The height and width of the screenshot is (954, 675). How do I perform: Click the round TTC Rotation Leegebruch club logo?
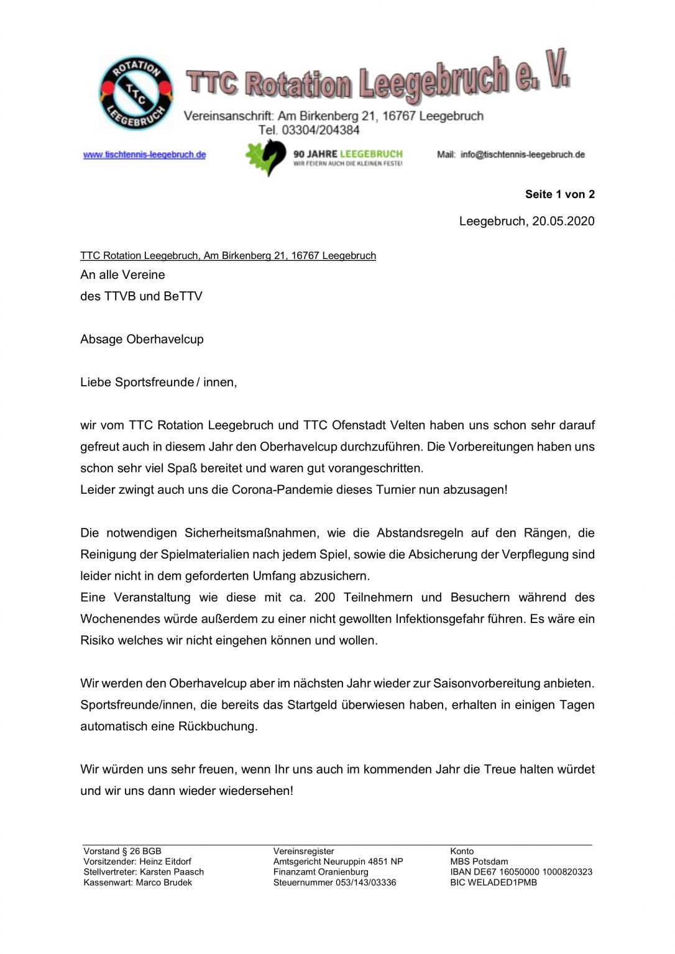[135, 93]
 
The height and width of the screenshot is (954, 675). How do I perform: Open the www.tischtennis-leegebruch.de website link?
[145, 155]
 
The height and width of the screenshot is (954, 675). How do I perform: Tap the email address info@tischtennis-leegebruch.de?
[522, 155]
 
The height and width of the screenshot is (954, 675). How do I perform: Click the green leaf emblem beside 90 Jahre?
[265, 157]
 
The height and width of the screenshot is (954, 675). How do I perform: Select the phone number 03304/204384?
[321, 130]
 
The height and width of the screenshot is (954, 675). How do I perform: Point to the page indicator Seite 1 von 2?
[559, 194]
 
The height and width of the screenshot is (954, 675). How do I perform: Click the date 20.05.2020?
[563, 221]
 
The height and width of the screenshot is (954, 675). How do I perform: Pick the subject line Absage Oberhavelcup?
[142, 339]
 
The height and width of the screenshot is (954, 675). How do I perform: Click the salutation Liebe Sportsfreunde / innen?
[158, 382]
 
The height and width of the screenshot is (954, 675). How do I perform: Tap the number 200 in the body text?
[324, 597]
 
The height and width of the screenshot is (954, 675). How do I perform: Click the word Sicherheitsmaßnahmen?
[251, 533]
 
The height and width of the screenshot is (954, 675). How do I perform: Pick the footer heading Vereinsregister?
[303, 852]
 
